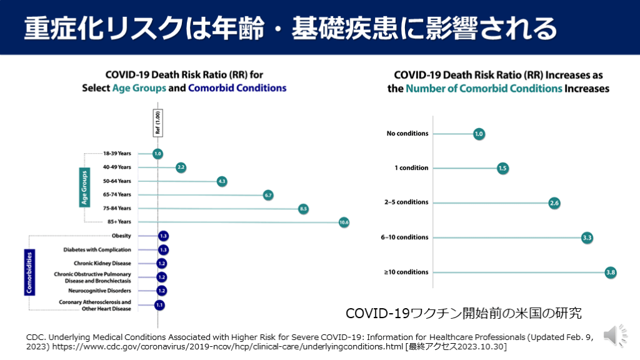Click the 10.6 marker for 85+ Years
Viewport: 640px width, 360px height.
(343, 222)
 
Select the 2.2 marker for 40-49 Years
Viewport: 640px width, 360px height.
(181, 167)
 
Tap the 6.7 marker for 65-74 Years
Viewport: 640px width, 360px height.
(268, 195)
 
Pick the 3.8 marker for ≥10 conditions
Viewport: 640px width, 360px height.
(611, 272)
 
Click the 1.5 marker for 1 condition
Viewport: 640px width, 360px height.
(503, 168)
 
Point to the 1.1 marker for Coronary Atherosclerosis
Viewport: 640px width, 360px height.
(159, 305)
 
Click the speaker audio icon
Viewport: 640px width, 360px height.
(616, 336)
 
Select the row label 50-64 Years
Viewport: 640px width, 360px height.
(117, 181)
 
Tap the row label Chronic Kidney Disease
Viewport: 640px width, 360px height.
(102, 263)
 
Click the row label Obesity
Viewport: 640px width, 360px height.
(121, 236)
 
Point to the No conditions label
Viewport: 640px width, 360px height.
(407, 133)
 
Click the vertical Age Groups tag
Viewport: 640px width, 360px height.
(84, 187)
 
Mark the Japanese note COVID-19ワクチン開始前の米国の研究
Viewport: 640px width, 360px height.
(464, 312)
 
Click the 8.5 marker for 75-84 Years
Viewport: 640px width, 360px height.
(304, 209)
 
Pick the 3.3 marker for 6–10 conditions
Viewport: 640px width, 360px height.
(587, 237)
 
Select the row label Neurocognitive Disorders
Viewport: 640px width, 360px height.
(99, 291)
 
